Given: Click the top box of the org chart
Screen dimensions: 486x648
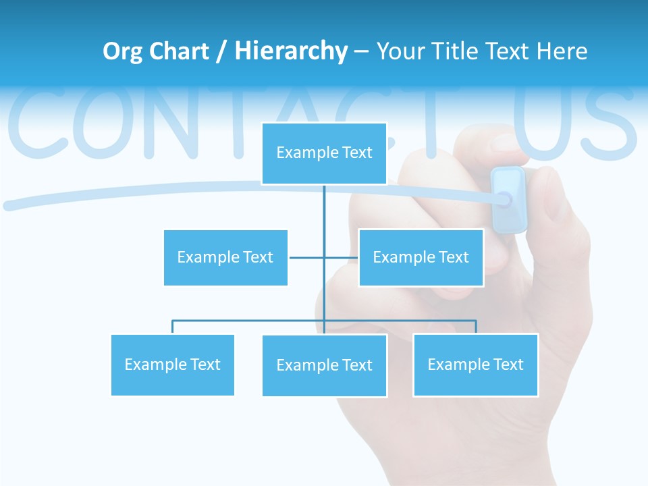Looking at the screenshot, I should click(x=324, y=153).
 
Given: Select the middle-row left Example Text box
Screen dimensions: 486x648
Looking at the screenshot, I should click(x=225, y=257).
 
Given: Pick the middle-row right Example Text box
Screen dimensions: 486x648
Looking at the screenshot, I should click(x=421, y=257).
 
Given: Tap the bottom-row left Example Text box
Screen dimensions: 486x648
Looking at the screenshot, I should click(x=172, y=364).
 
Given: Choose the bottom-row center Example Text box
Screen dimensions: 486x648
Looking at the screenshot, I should click(x=324, y=365).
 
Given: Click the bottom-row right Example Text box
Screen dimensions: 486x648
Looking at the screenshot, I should click(x=475, y=364).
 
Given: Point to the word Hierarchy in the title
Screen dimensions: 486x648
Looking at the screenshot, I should click(x=291, y=51).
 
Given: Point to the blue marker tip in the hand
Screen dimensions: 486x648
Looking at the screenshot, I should click(x=508, y=199).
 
